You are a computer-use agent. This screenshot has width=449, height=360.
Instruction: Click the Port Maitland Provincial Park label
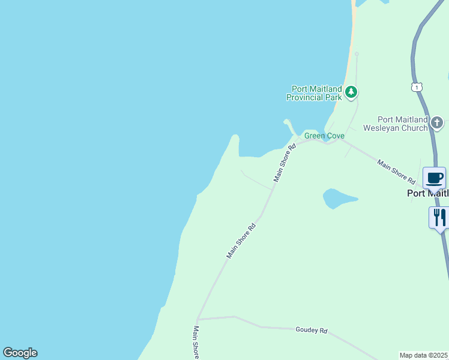[x=313, y=93]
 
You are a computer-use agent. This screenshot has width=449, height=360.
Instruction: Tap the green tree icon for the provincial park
[x=351, y=92]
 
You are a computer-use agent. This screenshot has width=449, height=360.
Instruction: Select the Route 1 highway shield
[x=417, y=87]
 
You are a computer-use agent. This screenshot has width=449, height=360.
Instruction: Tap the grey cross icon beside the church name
[x=437, y=124]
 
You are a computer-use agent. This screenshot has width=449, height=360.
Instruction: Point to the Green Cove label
[x=324, y=136]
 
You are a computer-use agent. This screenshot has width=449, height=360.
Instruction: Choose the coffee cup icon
[x=435, y=178]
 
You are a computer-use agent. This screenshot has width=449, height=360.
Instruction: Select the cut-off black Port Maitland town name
[x=427, y=193]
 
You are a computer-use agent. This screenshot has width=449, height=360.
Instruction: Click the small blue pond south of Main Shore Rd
[x=339, y=199]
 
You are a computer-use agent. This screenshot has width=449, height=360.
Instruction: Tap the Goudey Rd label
[x=312, y=330]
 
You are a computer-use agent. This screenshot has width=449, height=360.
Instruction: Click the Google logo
[x=20, y=353]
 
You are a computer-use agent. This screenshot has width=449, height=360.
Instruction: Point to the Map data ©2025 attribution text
[x=424, y=355]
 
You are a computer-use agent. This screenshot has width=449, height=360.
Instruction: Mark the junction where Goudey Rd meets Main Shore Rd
[x=197, y=319]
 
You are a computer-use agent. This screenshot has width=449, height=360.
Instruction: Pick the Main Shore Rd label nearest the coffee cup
[x=396, y=171]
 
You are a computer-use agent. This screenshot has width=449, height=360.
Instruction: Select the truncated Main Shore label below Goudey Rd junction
[x=196, y=342]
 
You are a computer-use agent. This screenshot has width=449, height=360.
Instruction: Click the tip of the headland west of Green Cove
[x=235, y=137]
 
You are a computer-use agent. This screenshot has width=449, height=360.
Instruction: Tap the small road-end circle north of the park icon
[x=357, y=54]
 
